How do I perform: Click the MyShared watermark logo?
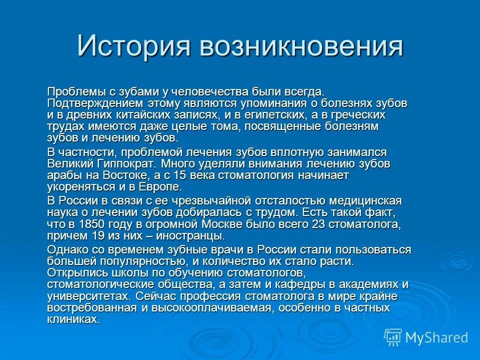click(x=426, y=337)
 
